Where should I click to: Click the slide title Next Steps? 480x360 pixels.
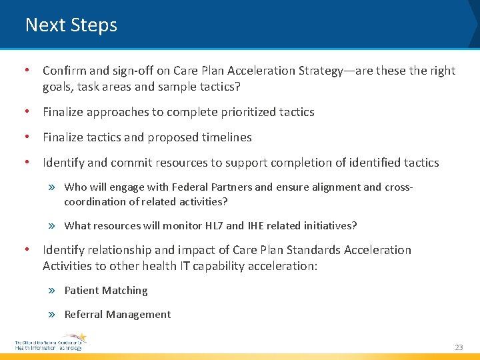tap(71, 25)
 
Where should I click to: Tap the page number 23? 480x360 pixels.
tap(459, 347)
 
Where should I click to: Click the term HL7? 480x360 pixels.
tap(211, 226)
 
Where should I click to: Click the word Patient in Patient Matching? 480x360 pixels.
tap(83, 291)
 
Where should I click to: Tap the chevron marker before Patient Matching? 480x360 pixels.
tap(53, 291)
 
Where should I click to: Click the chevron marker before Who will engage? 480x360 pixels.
tap(53, 187)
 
